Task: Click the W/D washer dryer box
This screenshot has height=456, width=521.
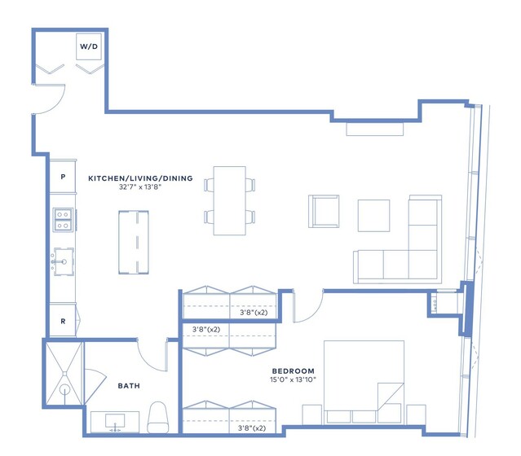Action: tap(89, 46)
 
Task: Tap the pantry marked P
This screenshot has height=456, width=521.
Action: tap(63, 177)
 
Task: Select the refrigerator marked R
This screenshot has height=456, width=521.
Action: tap(63, 321)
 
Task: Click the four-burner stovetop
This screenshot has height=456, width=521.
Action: tap(63, 220)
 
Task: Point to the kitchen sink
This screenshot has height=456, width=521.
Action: tap(64, 261)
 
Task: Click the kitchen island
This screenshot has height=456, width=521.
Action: tap(134, 243)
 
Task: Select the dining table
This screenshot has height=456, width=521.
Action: tap(230, 200)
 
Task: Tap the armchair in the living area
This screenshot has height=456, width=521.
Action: tap(324, 212)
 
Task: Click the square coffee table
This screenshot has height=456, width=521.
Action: tap(373, 216)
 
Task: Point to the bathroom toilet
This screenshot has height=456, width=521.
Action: tap(158, 417)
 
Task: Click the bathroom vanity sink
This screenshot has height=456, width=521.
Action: tap(115, 421)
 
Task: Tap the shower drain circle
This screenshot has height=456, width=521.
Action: tap(64, 389)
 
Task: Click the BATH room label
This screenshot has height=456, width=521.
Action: tap(129, 386)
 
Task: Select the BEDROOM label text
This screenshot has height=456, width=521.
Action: tap(293, 370)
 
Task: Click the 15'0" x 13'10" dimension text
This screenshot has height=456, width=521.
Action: tap(293, 379)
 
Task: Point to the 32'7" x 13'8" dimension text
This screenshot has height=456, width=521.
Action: tap(140, 186)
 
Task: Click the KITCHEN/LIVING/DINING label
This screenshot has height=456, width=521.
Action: tap(140, 178)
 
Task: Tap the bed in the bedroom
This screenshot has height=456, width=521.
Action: tap(364, 382)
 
